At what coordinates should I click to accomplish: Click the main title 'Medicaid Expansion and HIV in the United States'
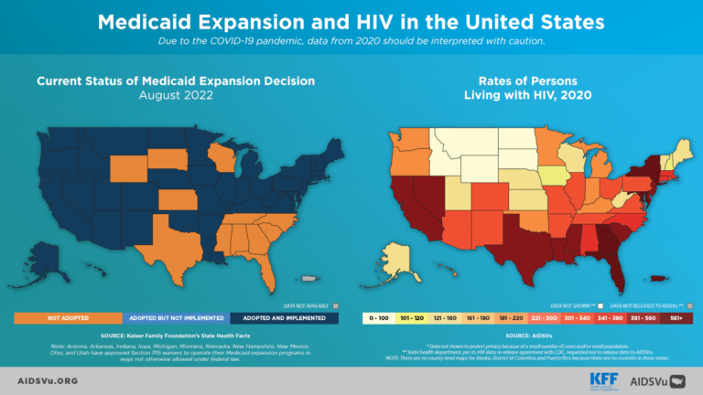tap(351, 20)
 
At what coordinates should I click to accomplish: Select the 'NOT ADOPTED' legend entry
tap(68, 317)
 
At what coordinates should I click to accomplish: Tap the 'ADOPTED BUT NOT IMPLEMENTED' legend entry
tap(176, 317)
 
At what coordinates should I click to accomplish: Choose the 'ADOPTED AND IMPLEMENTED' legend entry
tap(284, 317)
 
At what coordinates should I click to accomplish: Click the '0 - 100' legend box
tap(380, 318)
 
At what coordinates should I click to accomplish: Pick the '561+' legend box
tap(676, 318)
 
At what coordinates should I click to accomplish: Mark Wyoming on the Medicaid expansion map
tap(132, 165)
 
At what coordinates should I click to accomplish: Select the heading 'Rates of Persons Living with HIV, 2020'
tap(526, 88)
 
